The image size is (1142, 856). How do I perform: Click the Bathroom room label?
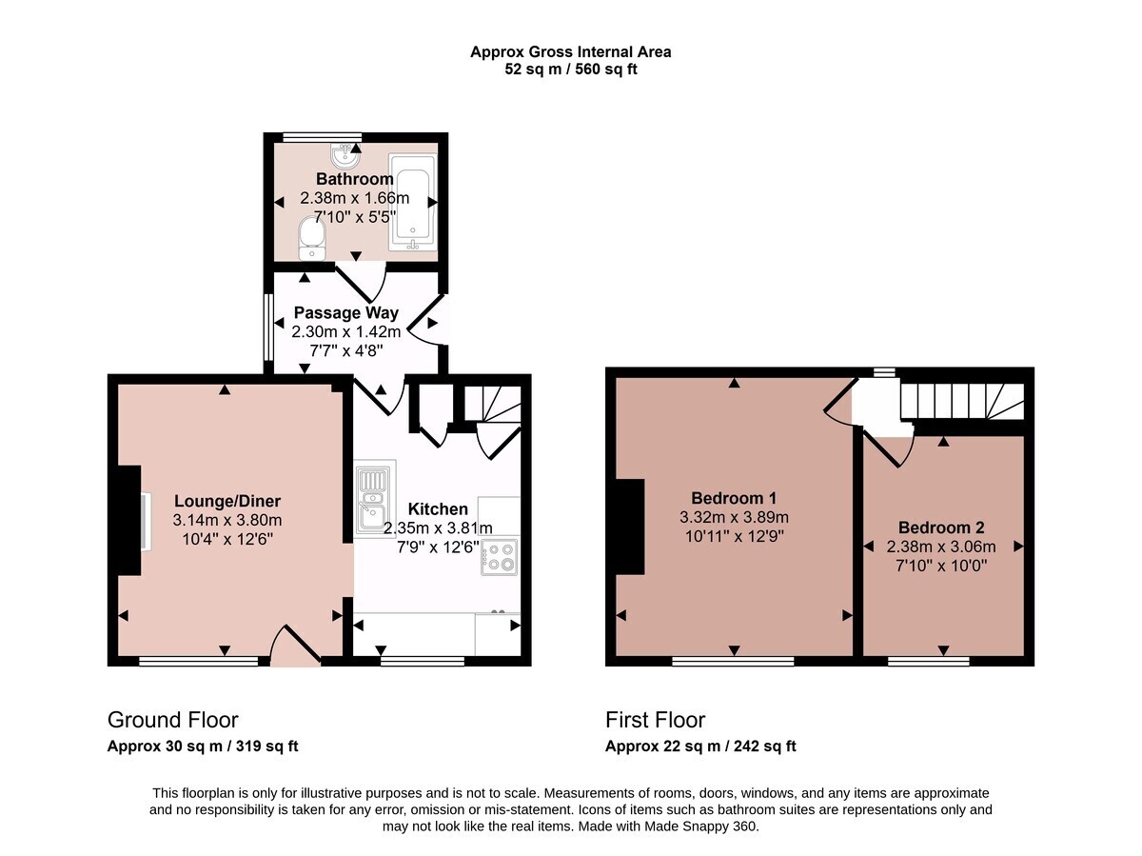tap(354, 179)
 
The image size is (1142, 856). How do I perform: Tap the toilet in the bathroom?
tap(311, 239)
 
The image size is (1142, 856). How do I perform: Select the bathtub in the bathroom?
tap(413, 202)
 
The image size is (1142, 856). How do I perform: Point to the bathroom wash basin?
tap(345, 155)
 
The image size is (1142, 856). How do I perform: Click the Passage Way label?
tap(346, 312)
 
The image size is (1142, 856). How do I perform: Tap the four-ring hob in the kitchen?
tap(499, 557)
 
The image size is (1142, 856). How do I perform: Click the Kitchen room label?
tap(438, 508)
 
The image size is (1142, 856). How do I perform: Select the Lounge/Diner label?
tap(227, 501)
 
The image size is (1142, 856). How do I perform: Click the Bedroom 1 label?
tap(734, 498)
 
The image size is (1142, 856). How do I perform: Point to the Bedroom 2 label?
tap(941, 528)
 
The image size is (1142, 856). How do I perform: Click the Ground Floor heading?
tap(173, 720)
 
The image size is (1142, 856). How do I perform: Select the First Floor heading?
tap(655, 720)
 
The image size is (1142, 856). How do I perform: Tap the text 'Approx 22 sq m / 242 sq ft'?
tap(700, 747)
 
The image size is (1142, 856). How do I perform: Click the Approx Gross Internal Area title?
tap(571, 52)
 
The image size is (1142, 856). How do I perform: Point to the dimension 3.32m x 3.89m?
tap(734, 517)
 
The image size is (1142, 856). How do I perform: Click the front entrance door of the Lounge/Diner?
tap(294, 646)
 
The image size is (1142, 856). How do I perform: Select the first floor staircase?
tap(962, 401)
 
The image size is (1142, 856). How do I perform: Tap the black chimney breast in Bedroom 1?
tap(630, 527)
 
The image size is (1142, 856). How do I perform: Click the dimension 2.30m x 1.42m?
tap(346, 332)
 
